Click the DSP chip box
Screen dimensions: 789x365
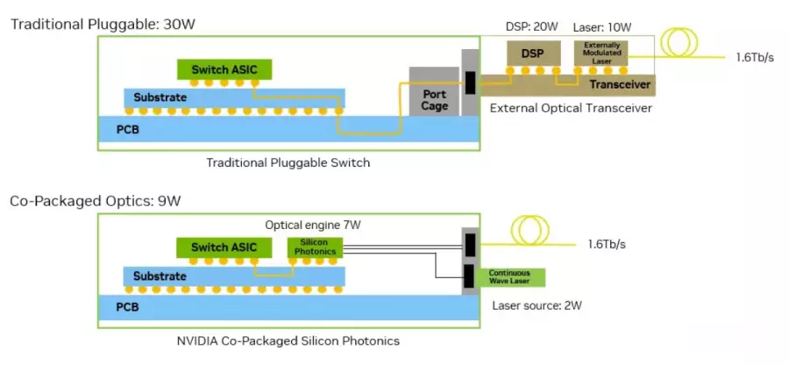[533, 54]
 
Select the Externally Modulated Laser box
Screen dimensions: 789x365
[601, 54]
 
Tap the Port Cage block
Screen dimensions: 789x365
[434, 91]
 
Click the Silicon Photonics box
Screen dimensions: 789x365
[315, 247]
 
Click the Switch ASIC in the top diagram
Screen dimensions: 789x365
[224, 69]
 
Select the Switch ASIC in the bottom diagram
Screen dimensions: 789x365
[224, 247]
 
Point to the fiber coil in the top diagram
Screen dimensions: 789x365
[679, 43]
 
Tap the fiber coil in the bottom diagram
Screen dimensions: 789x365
[530, 231]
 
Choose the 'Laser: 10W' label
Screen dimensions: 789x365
[602, 28]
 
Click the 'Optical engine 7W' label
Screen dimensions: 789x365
[313, 225]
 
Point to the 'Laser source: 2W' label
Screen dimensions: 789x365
[537, 305]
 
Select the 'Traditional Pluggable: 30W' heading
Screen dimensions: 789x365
[103, 25]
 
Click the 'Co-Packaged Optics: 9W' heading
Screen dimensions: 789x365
[95, 201]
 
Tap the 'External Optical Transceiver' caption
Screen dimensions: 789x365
[571, 108]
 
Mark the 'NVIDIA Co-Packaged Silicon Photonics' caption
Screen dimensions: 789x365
[288, 340]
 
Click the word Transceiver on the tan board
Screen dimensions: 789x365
[621, 84]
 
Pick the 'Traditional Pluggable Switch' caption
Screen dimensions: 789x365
[288, 162]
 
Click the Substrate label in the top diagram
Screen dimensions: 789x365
[160, 97]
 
